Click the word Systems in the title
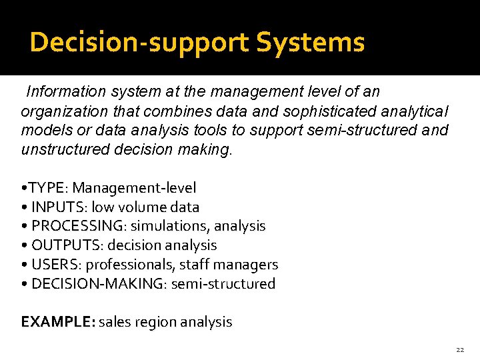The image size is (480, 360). point(311,43)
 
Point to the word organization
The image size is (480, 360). point(64,111)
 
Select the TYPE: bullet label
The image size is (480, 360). point(50,189)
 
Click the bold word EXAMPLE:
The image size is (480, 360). point(59,322)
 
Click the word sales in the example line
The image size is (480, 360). point(115,322)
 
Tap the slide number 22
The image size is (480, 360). point(460,349)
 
